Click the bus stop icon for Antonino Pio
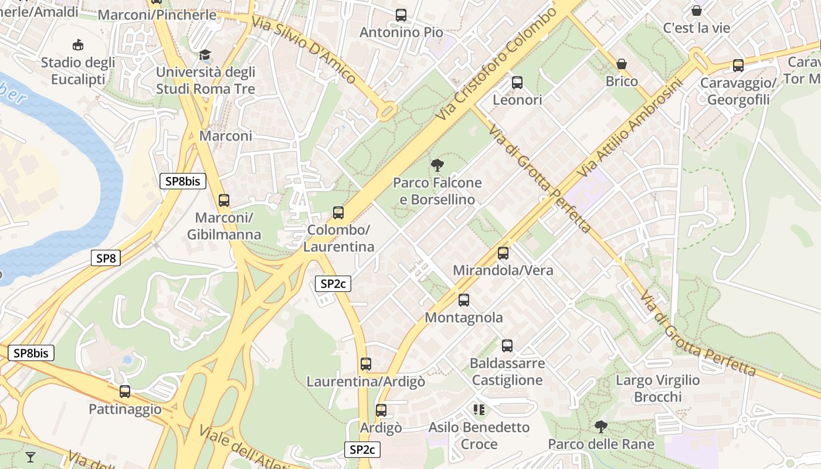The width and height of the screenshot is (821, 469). coord(401,15)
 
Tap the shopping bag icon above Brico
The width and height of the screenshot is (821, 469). coord(622,63)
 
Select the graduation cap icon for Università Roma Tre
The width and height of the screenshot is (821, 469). coord(205,55)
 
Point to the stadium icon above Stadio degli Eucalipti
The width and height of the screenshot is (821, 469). coord(77,45)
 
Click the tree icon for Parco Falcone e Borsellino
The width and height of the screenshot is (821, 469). coord(437,165)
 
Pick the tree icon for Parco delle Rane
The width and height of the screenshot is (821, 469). coord(601,427)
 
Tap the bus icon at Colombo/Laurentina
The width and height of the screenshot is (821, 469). coord(338,212)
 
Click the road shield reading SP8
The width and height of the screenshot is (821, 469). coord(106,258)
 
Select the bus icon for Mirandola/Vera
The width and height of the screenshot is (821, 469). coord(503,253)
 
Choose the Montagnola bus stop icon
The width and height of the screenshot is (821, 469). coord(464,300)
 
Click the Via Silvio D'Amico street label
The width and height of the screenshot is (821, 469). coord(304,49)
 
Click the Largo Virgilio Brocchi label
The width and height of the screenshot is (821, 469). coord(657,389)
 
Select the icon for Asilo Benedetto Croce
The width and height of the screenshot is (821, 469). coord(479,409)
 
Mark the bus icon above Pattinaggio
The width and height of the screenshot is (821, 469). coord(125,391)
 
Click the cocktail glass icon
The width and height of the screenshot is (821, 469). coord(30,457)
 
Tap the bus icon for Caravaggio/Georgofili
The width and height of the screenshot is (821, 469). coord(738,66)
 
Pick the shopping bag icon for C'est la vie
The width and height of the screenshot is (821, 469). coord(697,11)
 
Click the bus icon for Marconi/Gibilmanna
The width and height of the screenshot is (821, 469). coord(224,200)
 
